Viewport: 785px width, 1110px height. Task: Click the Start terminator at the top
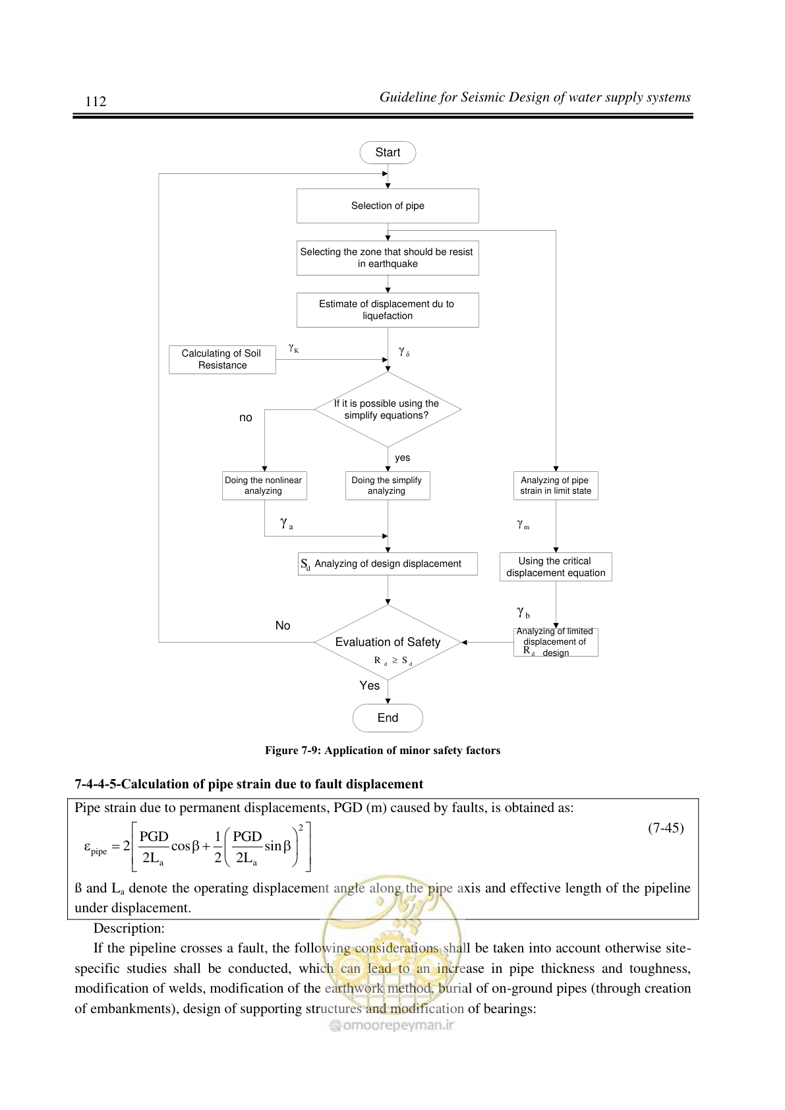point(388,152)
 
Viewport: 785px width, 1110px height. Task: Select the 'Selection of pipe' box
point(388,206)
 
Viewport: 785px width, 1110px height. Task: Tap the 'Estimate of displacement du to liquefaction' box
point(388,310)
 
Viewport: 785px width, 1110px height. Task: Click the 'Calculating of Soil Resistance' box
point(222,359)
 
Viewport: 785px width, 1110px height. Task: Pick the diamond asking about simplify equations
point(388,409)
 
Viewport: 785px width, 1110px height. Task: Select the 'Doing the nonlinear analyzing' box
point(264,486)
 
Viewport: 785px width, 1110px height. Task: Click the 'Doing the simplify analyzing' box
point(388,486)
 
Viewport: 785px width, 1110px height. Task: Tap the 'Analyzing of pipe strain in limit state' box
point(556,486)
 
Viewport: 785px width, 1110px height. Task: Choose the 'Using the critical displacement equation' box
point(556,567)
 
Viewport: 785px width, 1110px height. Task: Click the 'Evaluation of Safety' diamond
point(388,642)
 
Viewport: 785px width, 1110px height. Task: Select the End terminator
point(388,718)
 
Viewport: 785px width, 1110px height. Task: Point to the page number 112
point(96,102)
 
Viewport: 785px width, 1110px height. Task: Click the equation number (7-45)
point(666,828)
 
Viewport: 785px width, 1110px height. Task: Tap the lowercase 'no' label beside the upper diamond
point(246,418)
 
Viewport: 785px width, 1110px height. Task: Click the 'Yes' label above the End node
point(370,686)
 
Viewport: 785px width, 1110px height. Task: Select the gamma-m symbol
point(523,524)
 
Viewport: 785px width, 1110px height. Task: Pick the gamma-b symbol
point(523,612)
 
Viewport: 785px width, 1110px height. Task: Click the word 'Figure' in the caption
point(281,750)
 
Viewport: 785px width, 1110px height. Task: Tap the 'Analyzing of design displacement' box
point(388,564)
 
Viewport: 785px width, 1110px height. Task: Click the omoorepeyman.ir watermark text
point(392,1025)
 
